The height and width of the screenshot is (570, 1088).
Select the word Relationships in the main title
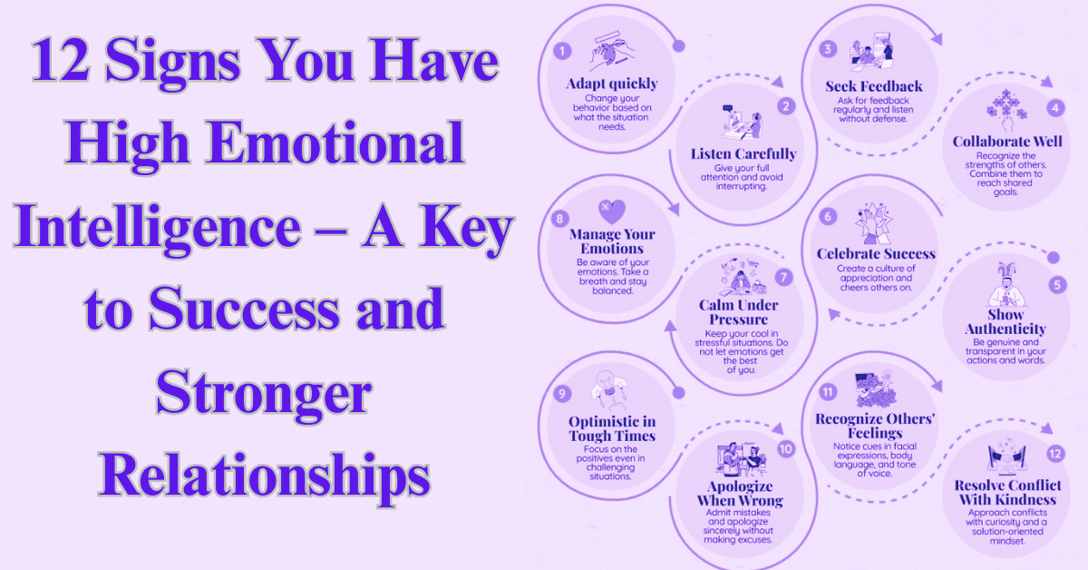(x=264, y=473)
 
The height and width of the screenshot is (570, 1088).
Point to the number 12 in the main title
(x=62, y=63)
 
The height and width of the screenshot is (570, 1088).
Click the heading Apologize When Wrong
(x=739, y=493)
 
